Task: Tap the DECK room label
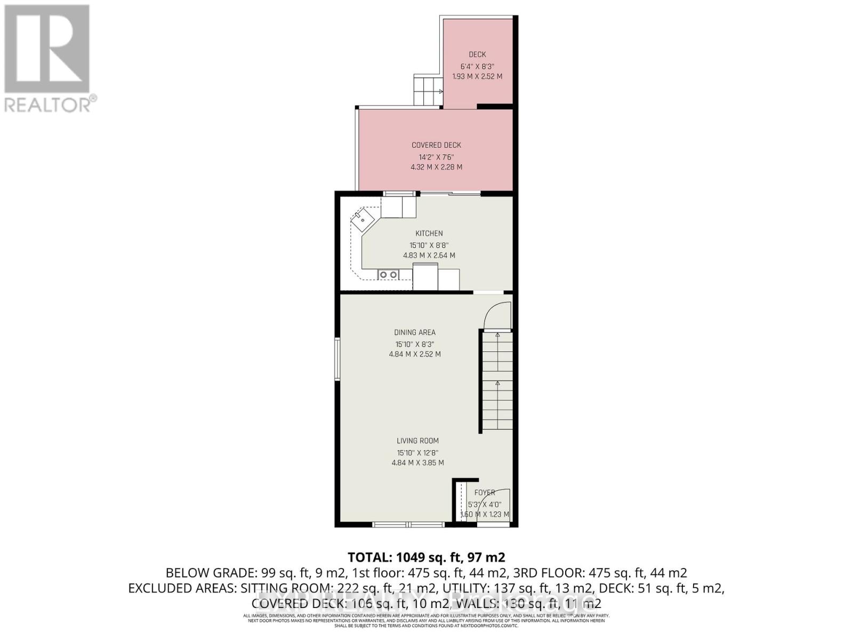click(x=477, y=54)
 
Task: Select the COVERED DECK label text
click(x=436, y=145)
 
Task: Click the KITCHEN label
click(x=429, y=234)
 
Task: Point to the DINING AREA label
click(x=415, y=332)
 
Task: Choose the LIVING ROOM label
click(x=417, y=441)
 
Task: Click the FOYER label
click(x=485, y=493)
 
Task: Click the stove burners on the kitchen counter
click(x=388, y=275)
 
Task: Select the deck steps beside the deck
click(x=428, y=91)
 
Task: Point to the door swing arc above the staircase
click(x=497, y=316)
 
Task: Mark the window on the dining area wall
click(x=337, y=359)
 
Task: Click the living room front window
click(x=408, y=525)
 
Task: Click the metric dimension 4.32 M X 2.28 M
click(x=436, y=167)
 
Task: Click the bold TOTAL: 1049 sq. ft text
click(x=426, y=557)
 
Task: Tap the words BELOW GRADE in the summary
click(x=211, y=573)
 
